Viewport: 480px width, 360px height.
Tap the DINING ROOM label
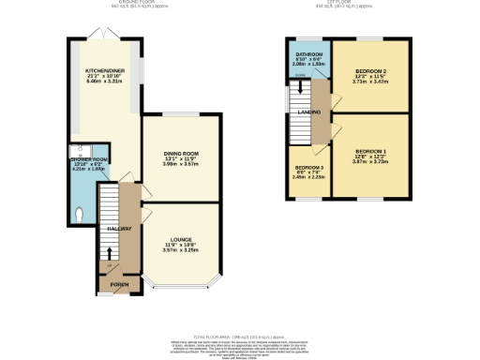pos(180,153)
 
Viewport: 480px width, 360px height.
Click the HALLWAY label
pos(119,229)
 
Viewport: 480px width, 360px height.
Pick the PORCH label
pos(119,284)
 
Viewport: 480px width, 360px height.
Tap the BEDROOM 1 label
pos(370,151)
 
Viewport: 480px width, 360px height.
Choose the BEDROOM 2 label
pos(370,70)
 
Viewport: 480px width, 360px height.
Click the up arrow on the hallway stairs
pos(110,252)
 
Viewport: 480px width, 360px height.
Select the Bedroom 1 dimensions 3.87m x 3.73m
pos(370,162)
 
